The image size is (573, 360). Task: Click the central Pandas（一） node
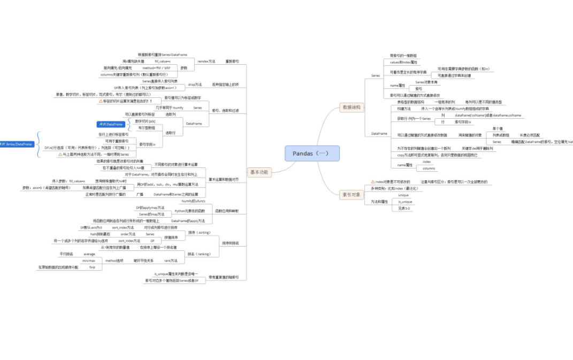tap(312, 154)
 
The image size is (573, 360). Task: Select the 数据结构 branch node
tap(351, 107)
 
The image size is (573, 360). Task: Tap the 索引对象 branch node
tap(351, 194)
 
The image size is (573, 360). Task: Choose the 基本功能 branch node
tap(260, 172)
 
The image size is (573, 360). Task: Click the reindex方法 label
tap(207, 62)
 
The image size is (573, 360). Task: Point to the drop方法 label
tap(195, 85)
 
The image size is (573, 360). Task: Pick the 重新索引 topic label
tap(232, 62)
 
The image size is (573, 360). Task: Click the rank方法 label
tap(171, 261)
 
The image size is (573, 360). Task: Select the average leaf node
tap(89, 254)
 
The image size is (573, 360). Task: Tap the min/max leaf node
tap(89, 261)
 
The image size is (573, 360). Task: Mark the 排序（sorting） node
tap(199, 233)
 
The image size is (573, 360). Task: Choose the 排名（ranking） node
tap(199, 254)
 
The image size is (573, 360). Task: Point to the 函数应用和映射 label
tap(227, 211)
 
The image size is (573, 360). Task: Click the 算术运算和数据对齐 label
tap(224, 179)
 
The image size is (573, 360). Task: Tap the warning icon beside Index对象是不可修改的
tap(372, 182)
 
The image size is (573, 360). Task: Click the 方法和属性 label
tap(379, 202)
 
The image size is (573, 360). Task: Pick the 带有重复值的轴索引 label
tap(224, 277)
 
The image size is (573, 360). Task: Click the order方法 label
tap(128, 234)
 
